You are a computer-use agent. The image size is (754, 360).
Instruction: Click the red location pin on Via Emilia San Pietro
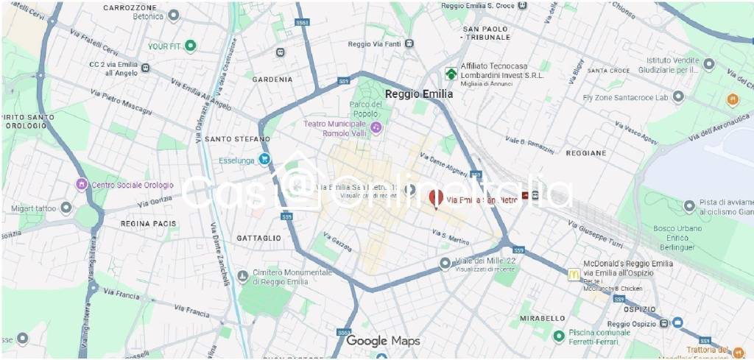pyautogui.click(x=435, y=198)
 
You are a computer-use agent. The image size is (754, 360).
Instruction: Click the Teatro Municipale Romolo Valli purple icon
pyautogui.click(x=376, y=128)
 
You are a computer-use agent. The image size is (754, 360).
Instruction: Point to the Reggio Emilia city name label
pyautogui.click(x=419, y=94)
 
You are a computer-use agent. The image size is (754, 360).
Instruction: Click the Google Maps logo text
pyautogui.click(x=383, y=341)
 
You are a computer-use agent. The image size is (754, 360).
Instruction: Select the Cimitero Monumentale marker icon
pyautogui.click(x=243, y=277)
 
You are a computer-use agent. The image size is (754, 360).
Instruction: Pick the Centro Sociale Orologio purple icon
pyautogui.click(x=82, y=184)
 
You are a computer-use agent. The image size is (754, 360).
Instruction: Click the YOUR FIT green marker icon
pyautogui.click(x=191, y=46)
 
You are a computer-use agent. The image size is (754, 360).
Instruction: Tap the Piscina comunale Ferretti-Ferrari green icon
pyautogui.click(x=559, y=336)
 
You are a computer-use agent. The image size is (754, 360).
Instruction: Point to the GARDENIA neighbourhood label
pyautogui.click(x=272, y=80)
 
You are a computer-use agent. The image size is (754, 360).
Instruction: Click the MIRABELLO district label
pyautogui.click(x=542, y=318)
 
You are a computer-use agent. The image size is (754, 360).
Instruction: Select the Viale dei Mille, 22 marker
pyautogui.click(x=445, y=263)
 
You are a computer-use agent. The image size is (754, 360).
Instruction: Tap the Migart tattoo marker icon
pyautogui.click(x=66, y=208)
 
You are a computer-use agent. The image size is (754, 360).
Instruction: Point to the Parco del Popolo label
pyautogui.click(x=365, y=109)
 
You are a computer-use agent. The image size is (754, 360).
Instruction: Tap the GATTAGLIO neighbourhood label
pyautogui.click(x=258, y=239)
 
